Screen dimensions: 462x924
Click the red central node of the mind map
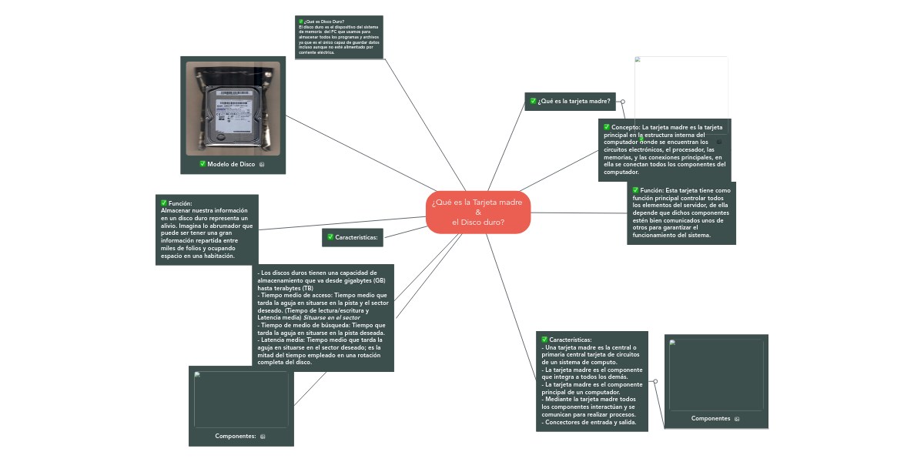tap(478, 212)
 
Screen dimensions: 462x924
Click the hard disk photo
tap(233, 108)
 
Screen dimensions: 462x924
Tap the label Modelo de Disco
tap(231, 164)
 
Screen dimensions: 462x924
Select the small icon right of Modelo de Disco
tap(263, 165)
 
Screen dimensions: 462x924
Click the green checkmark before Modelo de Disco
tap(203, 163)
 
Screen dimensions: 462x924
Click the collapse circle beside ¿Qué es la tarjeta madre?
tap(622, 101)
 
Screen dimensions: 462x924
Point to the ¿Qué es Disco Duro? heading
tap(323, 22)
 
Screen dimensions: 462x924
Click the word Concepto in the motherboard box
tap(626, 126)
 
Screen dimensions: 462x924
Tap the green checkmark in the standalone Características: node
tap(330, 237)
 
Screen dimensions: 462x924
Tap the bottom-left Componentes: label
tap(236, 436)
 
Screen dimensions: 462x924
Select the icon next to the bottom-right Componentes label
tap(737, 419)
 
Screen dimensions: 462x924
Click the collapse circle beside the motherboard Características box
tap(655, 380)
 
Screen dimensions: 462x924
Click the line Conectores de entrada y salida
tap(586, 422)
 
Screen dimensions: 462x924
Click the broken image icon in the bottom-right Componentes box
tap(672, 343)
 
